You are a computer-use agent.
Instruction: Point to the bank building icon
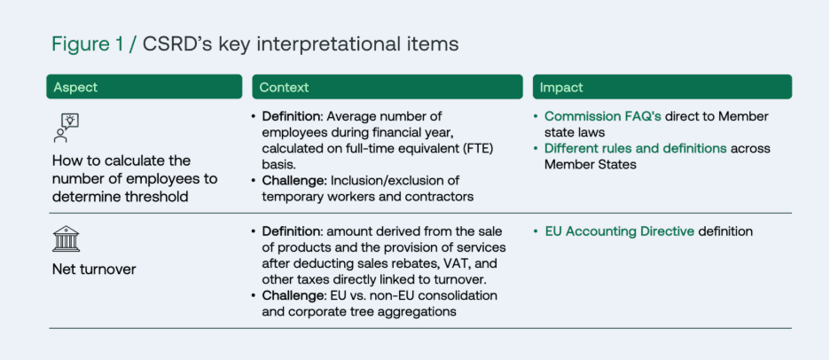coord(66,239)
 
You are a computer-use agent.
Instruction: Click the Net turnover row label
coord(95,269)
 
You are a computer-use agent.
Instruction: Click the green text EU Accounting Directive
coord(619,231)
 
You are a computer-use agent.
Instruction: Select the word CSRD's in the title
coord(176,43)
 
